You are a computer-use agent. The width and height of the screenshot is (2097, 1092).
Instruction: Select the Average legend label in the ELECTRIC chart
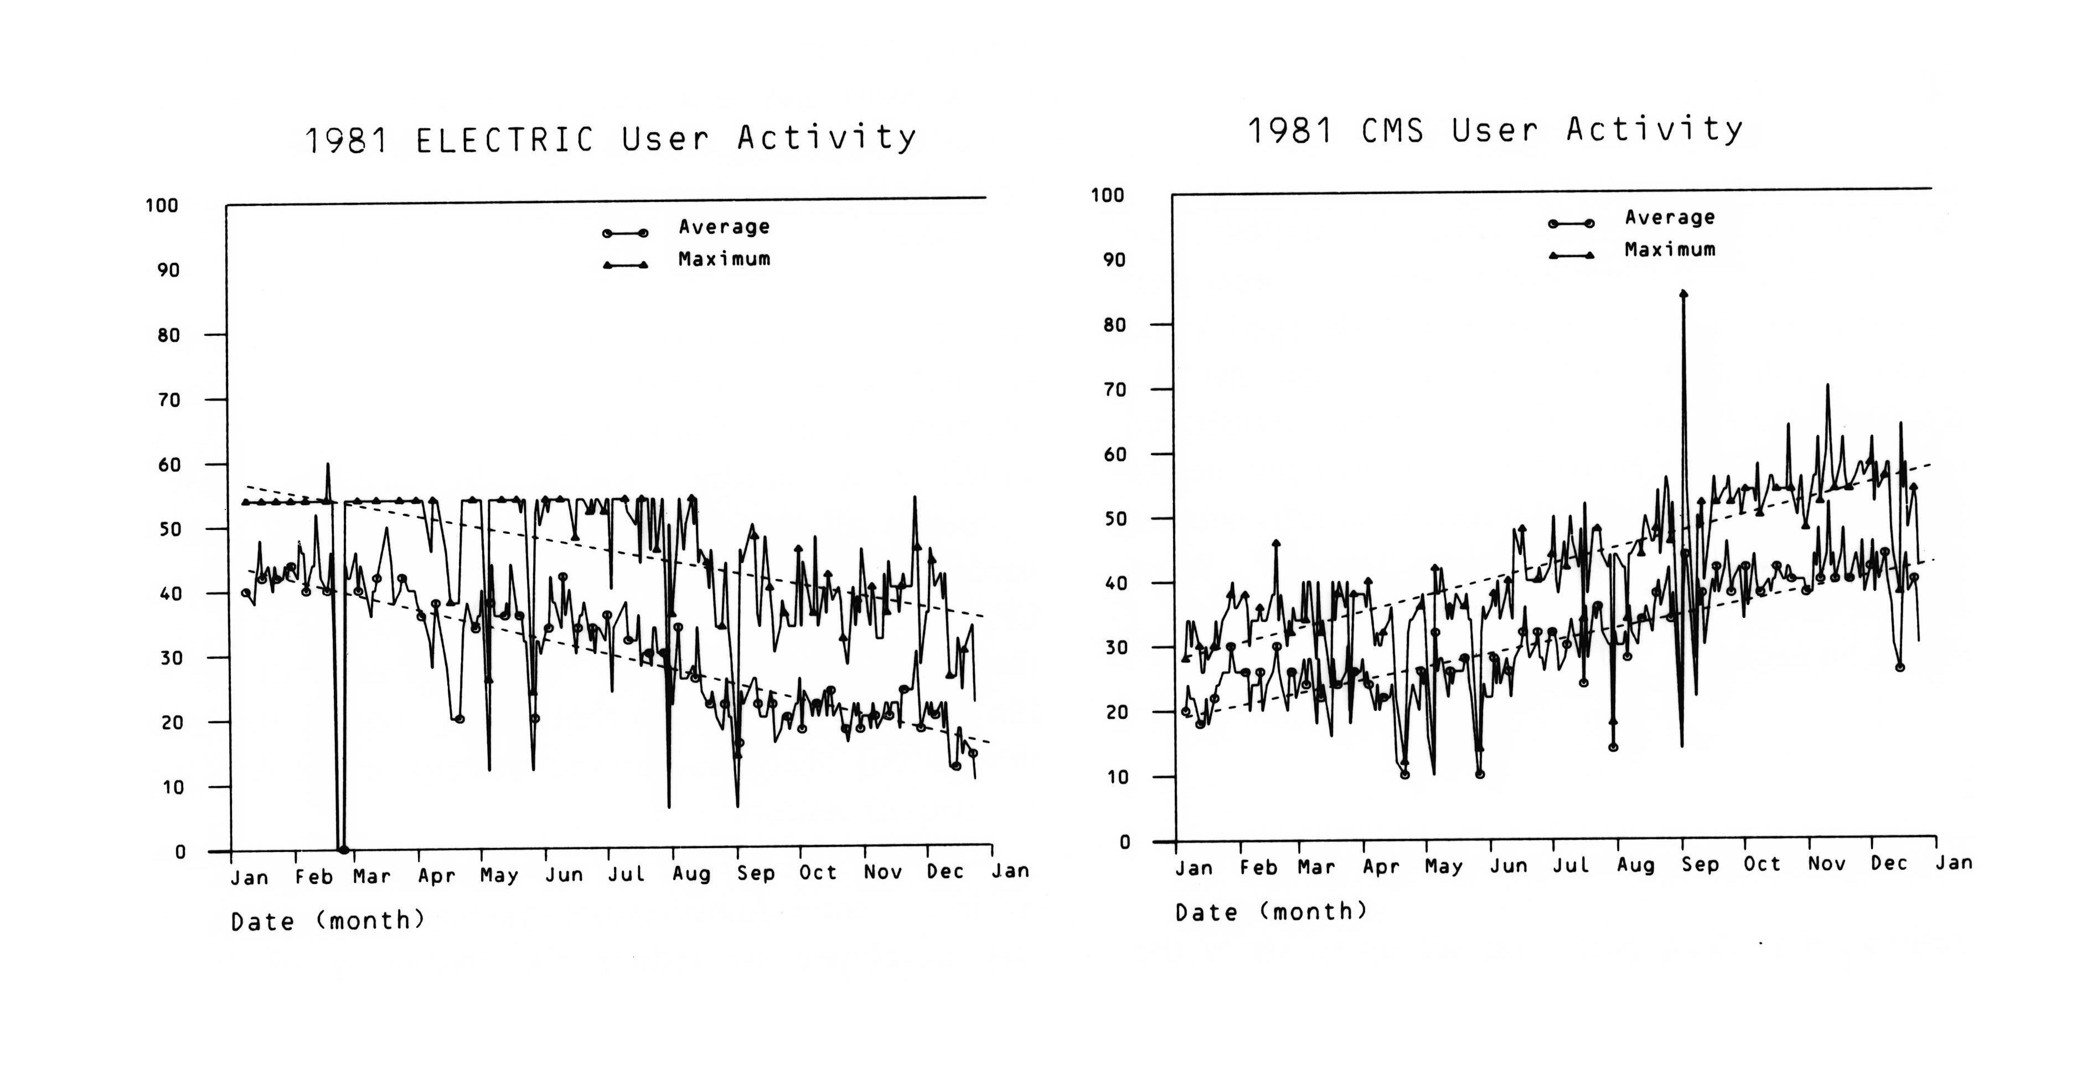[724, 227]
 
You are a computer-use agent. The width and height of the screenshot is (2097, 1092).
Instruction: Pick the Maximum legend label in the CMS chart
[1670, 250]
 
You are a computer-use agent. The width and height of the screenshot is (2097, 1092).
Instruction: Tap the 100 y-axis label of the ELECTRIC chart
[161, 205]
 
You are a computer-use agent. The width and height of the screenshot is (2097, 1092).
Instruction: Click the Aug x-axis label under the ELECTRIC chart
[691, 874]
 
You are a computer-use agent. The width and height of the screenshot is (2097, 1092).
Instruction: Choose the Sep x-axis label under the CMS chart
[1700, 864]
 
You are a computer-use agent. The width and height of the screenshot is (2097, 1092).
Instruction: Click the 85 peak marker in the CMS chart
[1683, 294]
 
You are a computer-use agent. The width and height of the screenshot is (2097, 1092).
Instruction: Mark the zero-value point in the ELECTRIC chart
[343, 850]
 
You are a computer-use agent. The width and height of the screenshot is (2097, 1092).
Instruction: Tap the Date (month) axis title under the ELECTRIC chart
[328, 921]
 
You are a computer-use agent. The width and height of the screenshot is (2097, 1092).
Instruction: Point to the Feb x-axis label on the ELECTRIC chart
[313, 876]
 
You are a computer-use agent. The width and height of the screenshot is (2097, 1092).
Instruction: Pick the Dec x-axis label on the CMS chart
[1889, 864]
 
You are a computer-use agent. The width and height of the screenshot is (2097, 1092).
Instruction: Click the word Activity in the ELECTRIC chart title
[827, 138]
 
